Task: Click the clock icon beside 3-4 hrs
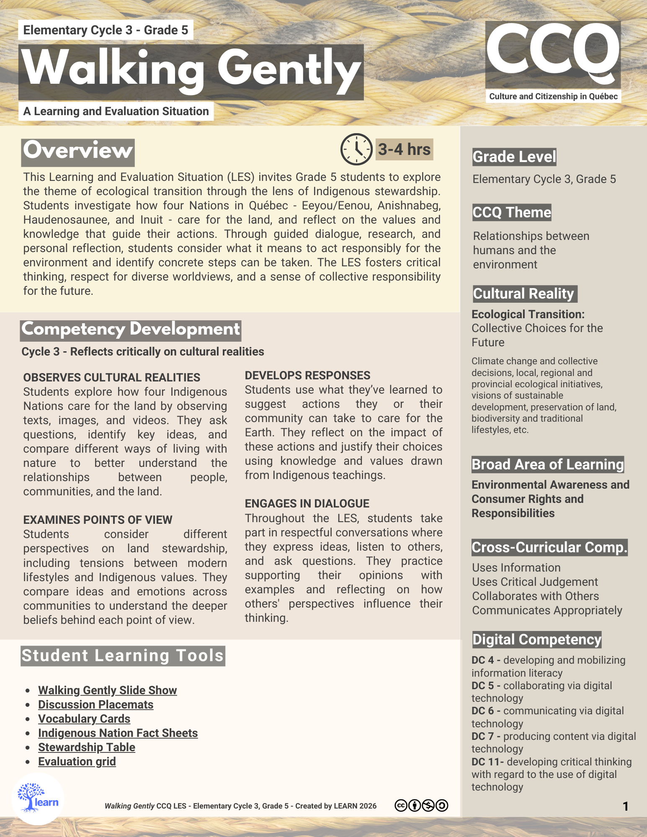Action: click(356, 149)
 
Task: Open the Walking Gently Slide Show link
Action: click(107, 690)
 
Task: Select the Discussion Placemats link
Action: click(95, 704)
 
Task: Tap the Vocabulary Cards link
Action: click(84, 719)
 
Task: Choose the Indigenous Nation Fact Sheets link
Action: click(118, 733)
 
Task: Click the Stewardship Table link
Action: click(87, 747)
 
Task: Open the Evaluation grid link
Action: click(77, 761)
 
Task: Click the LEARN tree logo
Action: click(37, 798)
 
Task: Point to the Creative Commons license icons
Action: click(421, 805)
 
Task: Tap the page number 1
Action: click(625, 806)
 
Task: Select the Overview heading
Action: click(78, 151)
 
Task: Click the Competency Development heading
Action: click(131, 330)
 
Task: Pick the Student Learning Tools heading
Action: click(123, 656)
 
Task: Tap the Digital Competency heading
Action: click(536, 639)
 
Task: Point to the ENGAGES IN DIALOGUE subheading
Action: click(307, 503)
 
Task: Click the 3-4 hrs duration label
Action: click(404, 149)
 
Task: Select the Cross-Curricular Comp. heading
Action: click(549, 547)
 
